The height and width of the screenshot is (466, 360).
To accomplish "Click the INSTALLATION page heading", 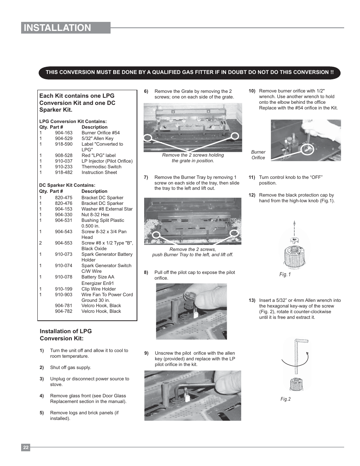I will pyautogui.click(x=57, y=28).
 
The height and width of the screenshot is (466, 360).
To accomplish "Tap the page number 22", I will pyautogui.click(x=26, y=448).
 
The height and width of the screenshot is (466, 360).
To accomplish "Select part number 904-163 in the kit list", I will pyautogui.click(x=64, y=133).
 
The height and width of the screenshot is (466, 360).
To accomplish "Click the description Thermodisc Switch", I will pyautogui.click(x=102, y=167).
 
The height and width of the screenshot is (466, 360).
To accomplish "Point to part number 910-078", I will pyautogui.click(x=64, y=277).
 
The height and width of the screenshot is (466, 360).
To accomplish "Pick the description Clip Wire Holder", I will pyautogui.click(x=98, y=289).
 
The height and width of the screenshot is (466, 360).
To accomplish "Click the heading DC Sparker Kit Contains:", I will pyautogui.click(x=67, y=185).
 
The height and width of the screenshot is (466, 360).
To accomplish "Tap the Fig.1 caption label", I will pyautogui.click(x=285, y=275).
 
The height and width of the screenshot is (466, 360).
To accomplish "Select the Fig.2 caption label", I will pyautogui.click(x=285, y=399).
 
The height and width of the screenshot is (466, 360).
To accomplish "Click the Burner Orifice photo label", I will pyautogui.click(x=258, y=155).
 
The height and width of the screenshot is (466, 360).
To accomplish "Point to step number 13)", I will pyautogui.click(x=252, y=300).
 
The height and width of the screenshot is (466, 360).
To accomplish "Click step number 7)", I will pyautogui.click(x=146, y=177).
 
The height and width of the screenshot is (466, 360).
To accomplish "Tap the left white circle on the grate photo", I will pyautogui.click(x=148, y=138).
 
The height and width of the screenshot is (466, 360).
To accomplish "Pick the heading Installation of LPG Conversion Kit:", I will pyautogui.click(x=66, y=335).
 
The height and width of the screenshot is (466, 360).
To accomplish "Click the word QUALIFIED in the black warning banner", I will pyautogui.click(x=169, y=72).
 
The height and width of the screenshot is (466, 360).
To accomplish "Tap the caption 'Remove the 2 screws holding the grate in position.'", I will pyautogui.click(x=193, y=158).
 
